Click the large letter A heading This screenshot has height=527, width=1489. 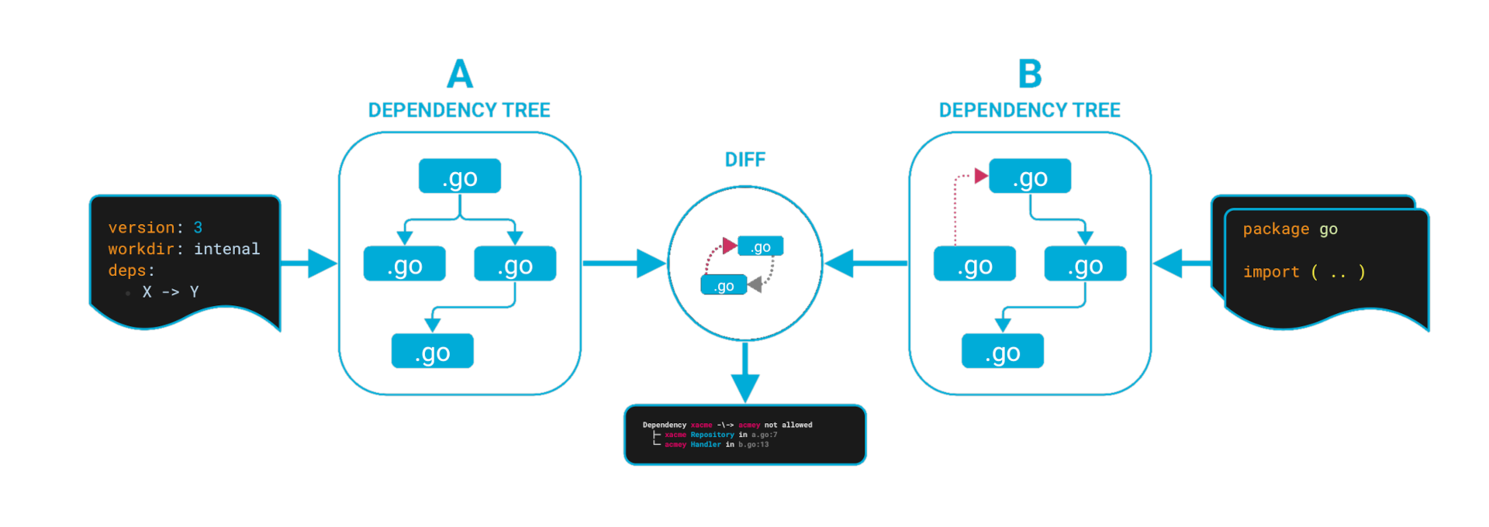tap(460, 75)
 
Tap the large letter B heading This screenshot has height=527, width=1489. tap(1030, 75)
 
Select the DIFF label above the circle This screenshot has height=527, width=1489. tap(744, 160)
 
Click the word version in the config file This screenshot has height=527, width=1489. tap(141, 228)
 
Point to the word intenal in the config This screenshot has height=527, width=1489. tap(226, 249)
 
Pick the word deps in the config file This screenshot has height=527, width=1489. tap(127, 270)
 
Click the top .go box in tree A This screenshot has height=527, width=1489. tap(460, 177)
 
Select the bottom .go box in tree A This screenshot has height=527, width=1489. tap(432, 351)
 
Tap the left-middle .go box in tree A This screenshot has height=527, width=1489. tap(404, 264)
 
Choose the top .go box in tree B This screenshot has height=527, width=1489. tap(1030, 177)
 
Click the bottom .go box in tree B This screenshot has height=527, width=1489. tap(1003, 351)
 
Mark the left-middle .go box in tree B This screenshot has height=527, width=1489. tap(975, 264)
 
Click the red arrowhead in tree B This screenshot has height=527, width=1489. tap(980, 176)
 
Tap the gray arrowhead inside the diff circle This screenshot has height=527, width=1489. tap(755, 285)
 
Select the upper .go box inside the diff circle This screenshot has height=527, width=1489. tap(760, 246)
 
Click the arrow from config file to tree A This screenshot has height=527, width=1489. tap(310, 263)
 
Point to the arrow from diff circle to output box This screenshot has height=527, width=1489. tap(744, 372)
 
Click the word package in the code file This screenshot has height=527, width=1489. tap(1276, 229)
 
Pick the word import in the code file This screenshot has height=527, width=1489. tap(1270, 272)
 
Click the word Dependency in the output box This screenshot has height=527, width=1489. tap(664, 425)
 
